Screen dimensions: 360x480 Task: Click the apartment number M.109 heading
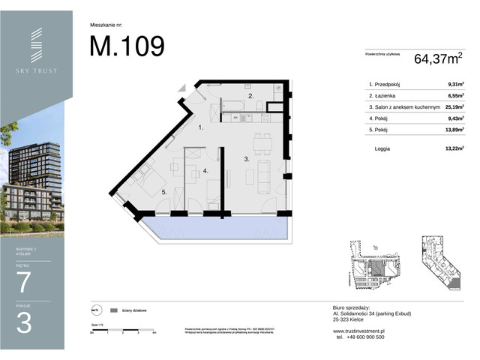point(127,46)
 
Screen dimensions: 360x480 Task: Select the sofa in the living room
point(264,174)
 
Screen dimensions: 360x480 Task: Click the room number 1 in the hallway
point(200,129)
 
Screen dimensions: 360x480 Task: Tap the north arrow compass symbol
point(95,309)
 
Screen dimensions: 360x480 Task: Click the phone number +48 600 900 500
point(358,337)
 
